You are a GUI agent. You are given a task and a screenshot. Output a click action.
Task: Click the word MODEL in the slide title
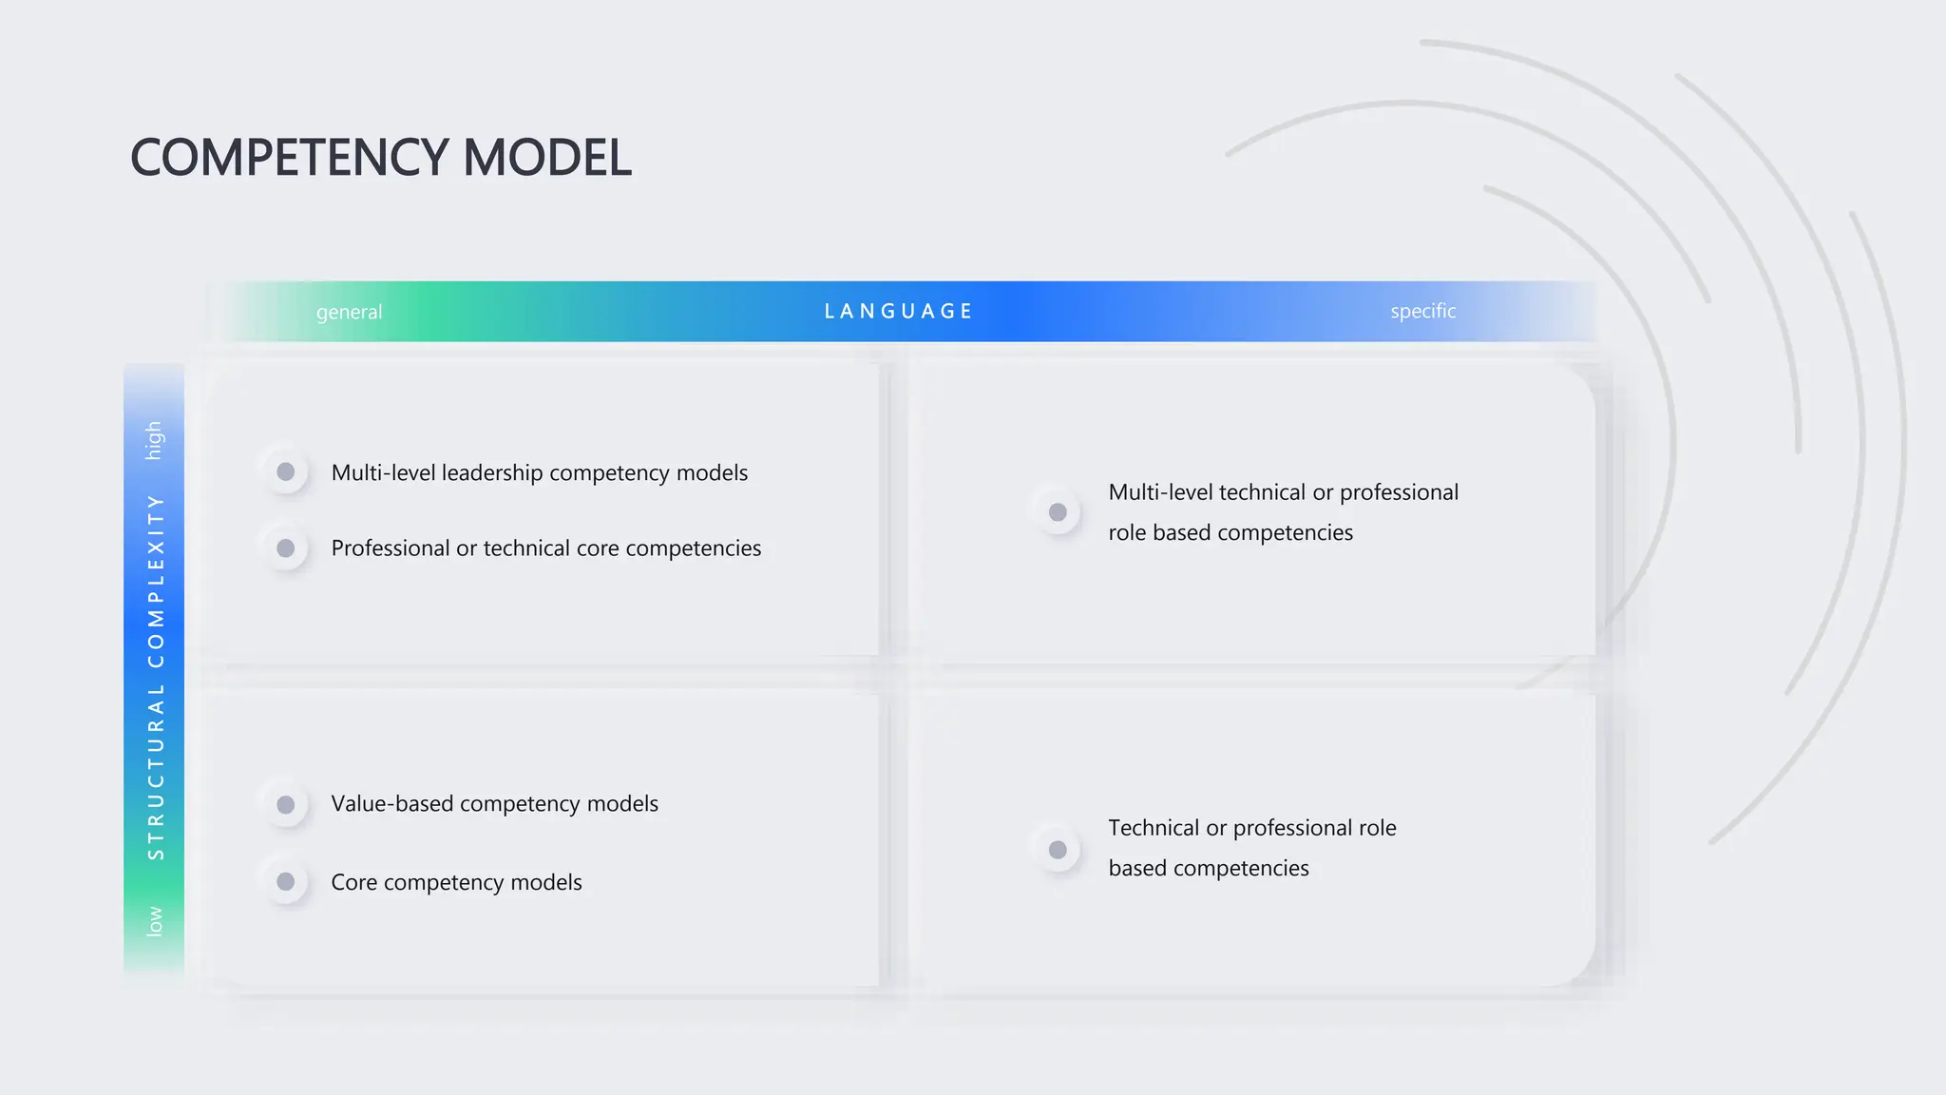pyautogui.click(x=546, y=158)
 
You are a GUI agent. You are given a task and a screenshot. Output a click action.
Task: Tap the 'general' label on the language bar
pyautogui.click(x=349, y=312)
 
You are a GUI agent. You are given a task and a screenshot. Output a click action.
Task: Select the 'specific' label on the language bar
pyautogui.click(x=1422, y=311)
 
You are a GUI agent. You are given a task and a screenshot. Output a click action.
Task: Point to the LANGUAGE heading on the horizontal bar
pyautogui.click(x=898, y=312)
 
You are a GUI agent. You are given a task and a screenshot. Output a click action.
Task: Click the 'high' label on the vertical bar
pyautogui.click(x=154, y=440)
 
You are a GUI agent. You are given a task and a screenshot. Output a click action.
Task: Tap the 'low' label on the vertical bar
pyautogui.click(x=154, y=921)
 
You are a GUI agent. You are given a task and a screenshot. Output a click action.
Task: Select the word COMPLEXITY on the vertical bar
pyautogui.click(x=156, y=581)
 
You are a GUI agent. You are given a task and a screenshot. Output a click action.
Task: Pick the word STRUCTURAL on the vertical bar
pyautogui.click(x=156, y=772)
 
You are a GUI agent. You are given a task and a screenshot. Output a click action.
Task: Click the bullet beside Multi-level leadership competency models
pyautogui.click(x=285, y=471)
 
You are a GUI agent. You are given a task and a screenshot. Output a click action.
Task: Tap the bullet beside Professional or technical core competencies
pyautogui.click(x=285, y=548)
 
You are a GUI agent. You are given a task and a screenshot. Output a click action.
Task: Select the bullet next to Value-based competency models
pyautogui.click(x=285, y=805)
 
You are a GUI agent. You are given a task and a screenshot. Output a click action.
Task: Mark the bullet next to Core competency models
pyautogui.click(x=285, y=882)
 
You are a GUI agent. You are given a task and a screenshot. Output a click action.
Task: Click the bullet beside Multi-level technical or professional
pyautogui.click(x=1058, y=512)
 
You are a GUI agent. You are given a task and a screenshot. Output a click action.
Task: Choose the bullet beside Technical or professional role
pyautogui.click(x=1058, y=850)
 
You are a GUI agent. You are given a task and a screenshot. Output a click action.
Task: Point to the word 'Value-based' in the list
pyautogui.click(x=392, y=804)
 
